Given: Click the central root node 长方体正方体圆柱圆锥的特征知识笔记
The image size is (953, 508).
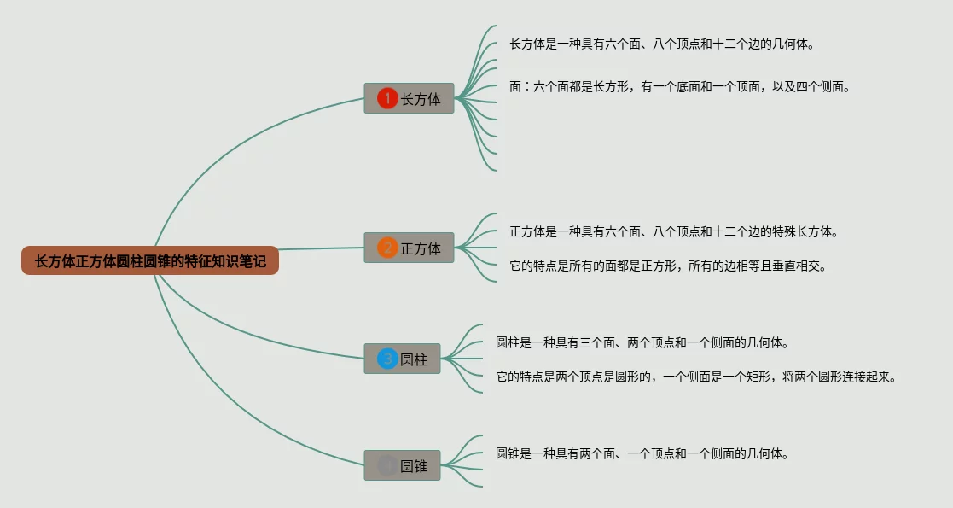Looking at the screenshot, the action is click(150, 261).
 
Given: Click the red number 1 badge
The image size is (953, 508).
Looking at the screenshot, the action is click(387, 99).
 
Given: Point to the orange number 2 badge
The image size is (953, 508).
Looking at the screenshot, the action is click(387, 248).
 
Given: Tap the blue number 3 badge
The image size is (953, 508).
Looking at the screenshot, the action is click(387, 359).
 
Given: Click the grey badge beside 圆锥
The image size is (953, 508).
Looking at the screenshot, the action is click(387, 466).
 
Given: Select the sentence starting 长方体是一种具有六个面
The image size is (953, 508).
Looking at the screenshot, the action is click(660, 44).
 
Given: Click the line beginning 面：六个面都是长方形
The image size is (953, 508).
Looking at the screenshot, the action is click(679, 86).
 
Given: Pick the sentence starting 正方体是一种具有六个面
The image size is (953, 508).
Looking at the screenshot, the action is click(673, 231).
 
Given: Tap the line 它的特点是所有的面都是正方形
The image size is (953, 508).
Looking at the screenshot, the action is click(667, 266).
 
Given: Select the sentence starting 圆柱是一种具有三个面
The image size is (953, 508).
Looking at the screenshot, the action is click(641, 342).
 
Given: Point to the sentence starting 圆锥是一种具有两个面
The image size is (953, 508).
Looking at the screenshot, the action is click(641, 453).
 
